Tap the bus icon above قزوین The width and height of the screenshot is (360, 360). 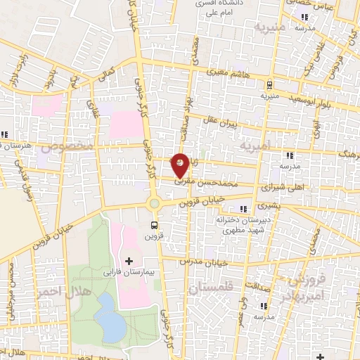tap(153, 225)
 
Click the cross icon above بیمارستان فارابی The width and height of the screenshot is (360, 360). tap(128, 261)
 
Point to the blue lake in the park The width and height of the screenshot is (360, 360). tap(110, 315)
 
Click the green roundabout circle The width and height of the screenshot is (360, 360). tap(153, 204)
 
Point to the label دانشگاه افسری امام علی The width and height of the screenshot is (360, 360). tap(222, 7)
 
